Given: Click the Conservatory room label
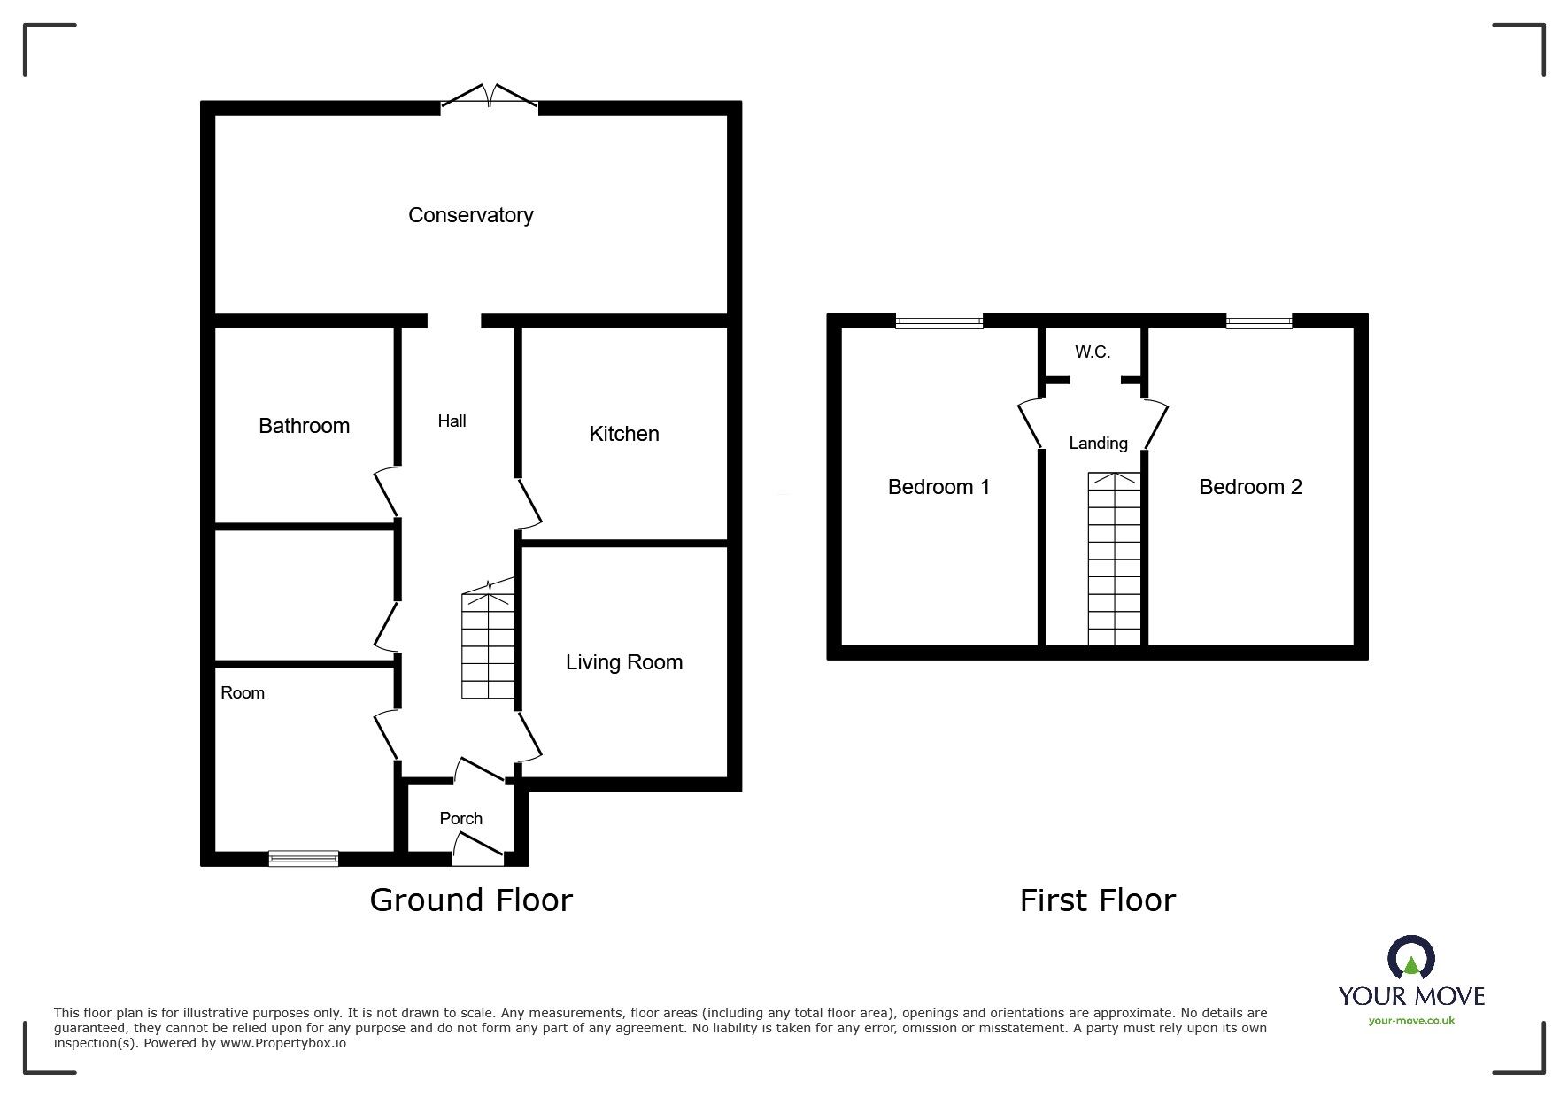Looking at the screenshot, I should (470, 215).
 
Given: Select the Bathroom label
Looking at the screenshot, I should (304, 426).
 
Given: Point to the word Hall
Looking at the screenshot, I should (452, 421).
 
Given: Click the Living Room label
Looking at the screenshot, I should (624, 662).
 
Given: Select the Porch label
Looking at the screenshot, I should (461, 819).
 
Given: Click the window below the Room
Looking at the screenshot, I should (304, 858).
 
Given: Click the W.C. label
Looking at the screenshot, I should (1093, 352).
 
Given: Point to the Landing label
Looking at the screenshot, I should (1098, 444).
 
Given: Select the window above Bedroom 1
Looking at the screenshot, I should (938, 321).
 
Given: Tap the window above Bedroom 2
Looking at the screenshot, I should (1258, 321).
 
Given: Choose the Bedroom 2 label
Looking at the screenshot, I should (1250, 487).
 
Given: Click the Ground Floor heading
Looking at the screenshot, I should (471, 900).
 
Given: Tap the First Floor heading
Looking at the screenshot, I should (1097, 901).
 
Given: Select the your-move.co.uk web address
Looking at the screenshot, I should (1411, 1021).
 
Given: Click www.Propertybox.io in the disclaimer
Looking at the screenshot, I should (282, 1043).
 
